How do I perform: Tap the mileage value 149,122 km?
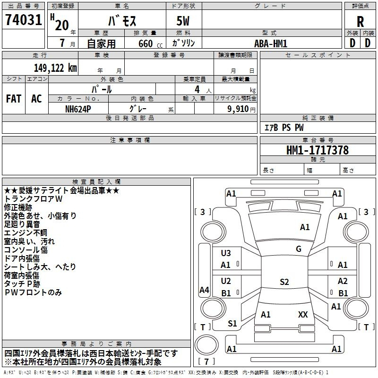pyautogui.click(x=55, y=68)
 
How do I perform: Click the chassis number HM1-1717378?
pyautogui.click(x=318, y=150)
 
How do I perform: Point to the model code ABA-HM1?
pyautogui.click(x=271, y=43)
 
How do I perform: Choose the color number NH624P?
pyautogui.click(x=78, y=108)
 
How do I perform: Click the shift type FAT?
pyautogui.click(x=13, y=98)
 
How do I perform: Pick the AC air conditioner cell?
pyautogui.click(x=36, y=98)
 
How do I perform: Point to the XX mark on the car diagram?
pyautogui.click(x=303, y=314)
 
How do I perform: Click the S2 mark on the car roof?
pyautogui.click(x=284, y=282)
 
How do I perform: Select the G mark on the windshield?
pyautogui.click(x=299, y=249)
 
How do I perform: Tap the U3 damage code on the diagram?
pyautogui.click(x=226, y=253)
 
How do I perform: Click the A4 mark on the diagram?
pyautogui.click(x=204, y=290)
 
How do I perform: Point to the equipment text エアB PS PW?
pyautogui.click(x=283, y=128)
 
